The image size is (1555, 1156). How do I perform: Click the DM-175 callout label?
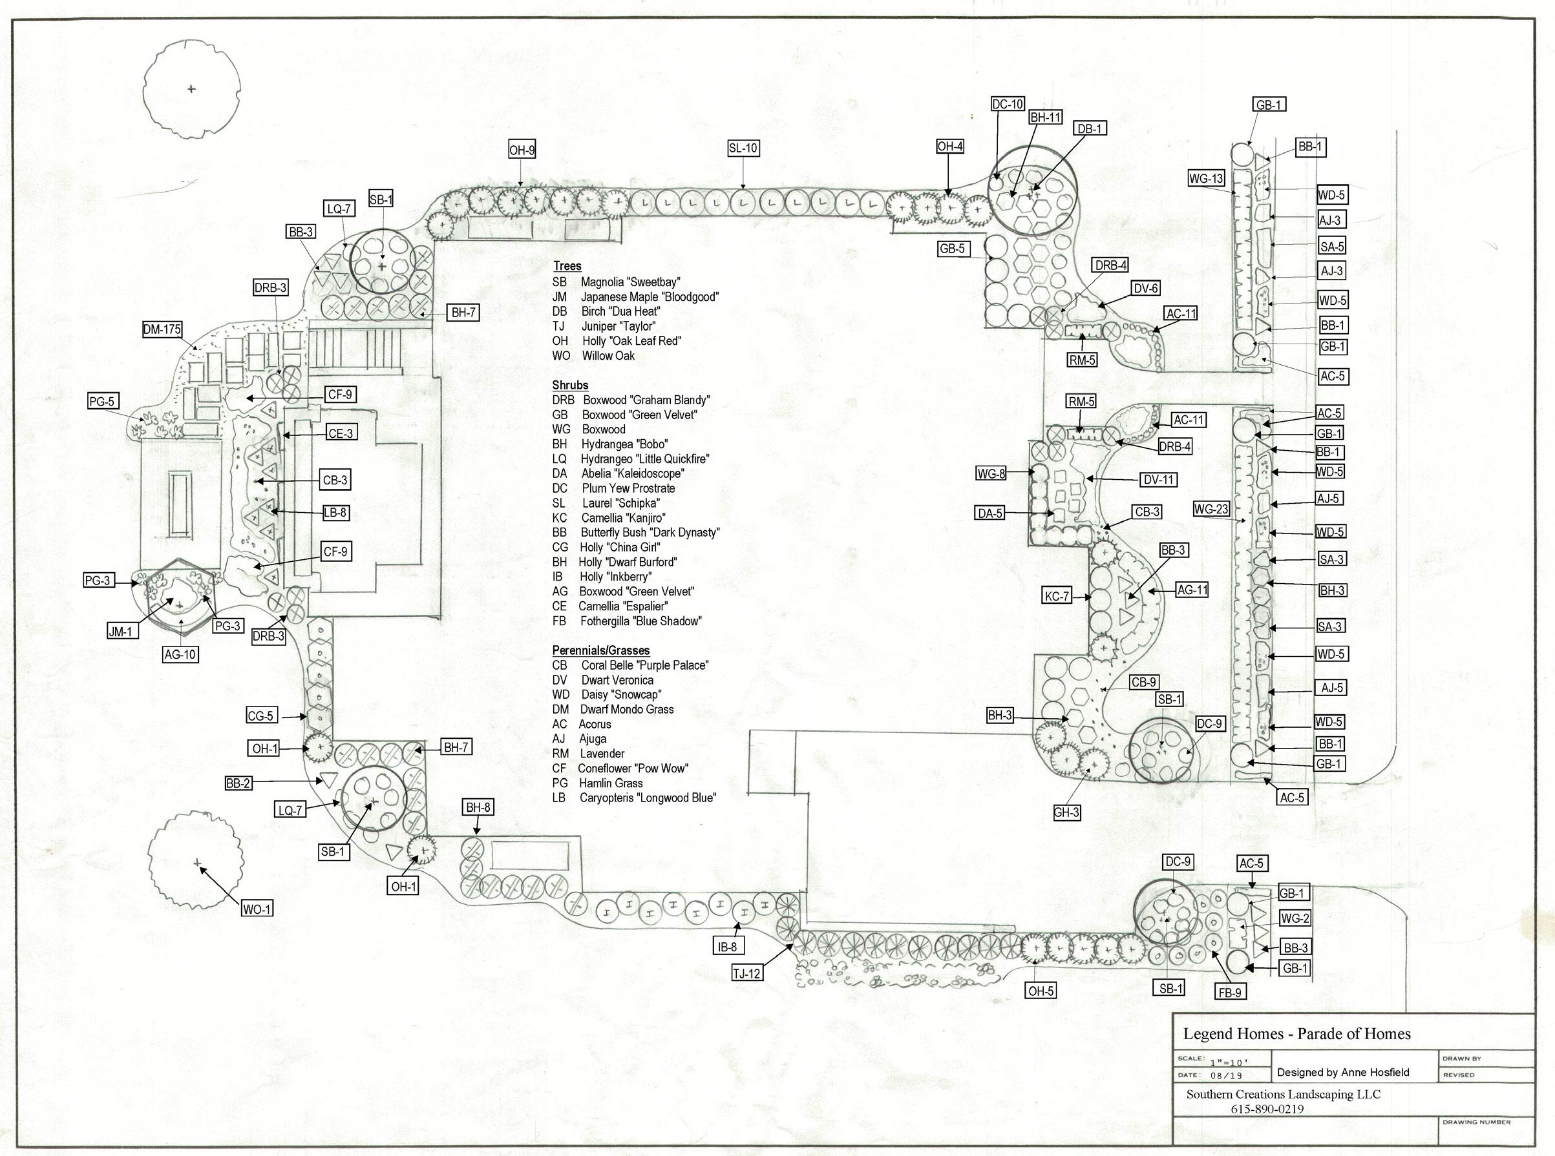(162, 329)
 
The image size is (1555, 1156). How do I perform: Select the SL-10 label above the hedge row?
(743, 149)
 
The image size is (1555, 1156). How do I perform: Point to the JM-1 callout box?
(120, 632)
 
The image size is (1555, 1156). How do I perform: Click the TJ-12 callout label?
(746, 973)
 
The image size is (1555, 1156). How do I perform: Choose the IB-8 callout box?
(728, 947)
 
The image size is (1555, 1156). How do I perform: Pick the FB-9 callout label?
(1229, 991)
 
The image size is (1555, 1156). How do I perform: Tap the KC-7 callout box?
(1057, 597)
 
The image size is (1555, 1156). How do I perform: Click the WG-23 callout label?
(1211, 510)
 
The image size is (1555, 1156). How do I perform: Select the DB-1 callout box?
(1090, 129)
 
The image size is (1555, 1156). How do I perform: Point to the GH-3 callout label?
(1066, 812)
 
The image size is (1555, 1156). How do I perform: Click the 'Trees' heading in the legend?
(567, 266)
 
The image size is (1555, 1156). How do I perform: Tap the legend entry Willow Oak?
(608, 355)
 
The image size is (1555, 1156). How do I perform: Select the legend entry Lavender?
(602, 754)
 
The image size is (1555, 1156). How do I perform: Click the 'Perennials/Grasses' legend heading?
(600, 650)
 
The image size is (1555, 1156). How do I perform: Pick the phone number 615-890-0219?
(1267, 1108)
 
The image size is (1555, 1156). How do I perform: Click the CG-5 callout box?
(260, 716)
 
